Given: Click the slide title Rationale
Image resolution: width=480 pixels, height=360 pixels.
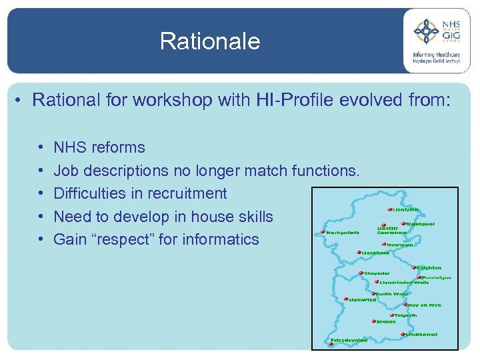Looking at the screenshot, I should tap(210, 41).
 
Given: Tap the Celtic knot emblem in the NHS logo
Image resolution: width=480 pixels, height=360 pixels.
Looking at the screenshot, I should tap(427, 31).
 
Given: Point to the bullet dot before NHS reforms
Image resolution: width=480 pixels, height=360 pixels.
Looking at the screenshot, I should tap(41, 147).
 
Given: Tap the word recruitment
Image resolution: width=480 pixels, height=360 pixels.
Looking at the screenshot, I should tap(185, 193).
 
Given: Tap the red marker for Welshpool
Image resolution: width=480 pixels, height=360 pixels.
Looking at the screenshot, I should tap(403, 224).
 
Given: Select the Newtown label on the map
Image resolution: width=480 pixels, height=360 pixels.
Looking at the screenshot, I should tap(400, 245).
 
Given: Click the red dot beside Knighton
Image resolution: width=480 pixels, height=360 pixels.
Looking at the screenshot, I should tap(413, 267).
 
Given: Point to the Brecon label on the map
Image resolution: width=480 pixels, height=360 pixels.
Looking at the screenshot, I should tap(386, 321).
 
